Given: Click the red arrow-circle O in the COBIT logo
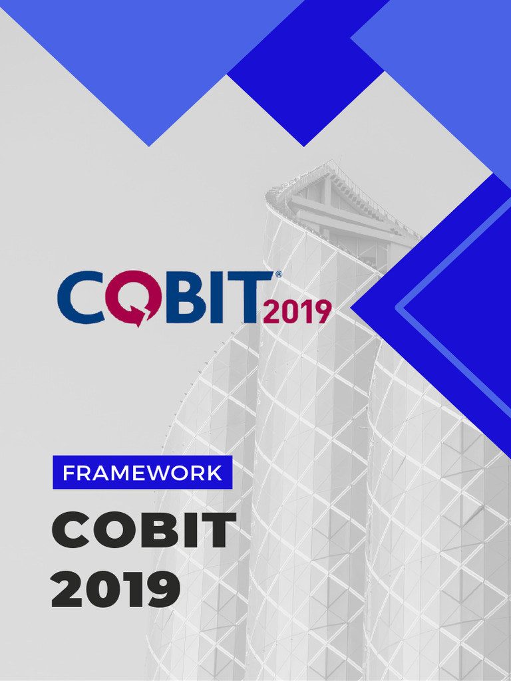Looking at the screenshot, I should [131, 298].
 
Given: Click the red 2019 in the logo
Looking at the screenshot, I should [297, 311].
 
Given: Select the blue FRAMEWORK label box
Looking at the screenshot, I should [142, 473].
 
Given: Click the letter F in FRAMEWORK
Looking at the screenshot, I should [69, 474].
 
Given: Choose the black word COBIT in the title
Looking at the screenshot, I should [144, 531].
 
